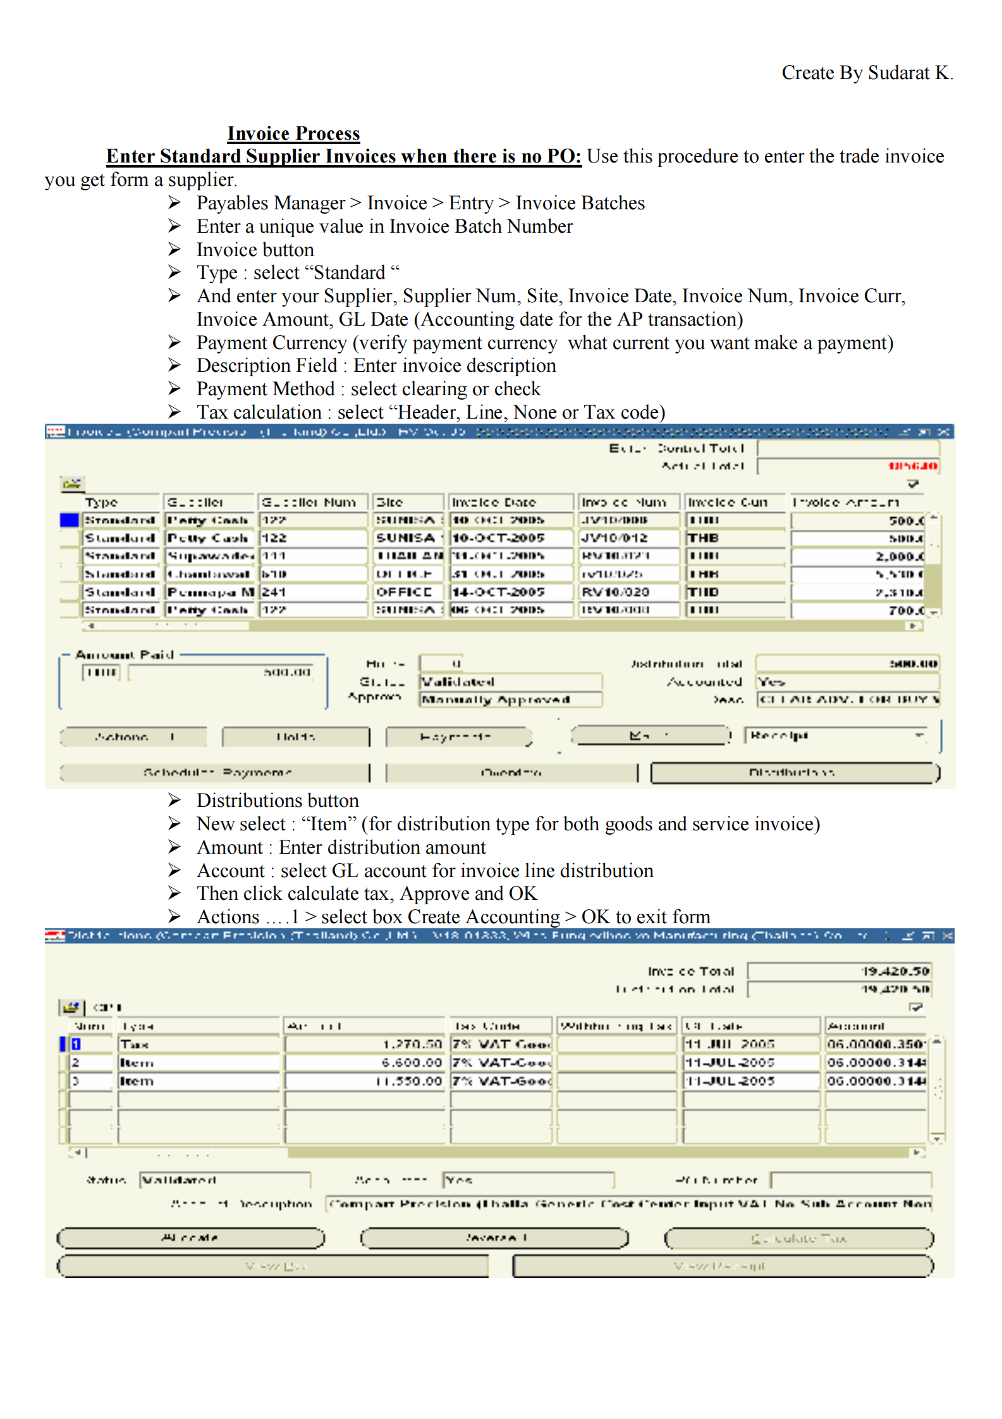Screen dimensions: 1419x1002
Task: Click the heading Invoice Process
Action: [x=293, y=133]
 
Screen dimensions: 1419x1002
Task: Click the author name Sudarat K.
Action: [x=910, y=73]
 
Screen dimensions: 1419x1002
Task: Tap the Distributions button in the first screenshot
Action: [x=794, y=772]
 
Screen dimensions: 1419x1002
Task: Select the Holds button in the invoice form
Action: [x=296, y=737]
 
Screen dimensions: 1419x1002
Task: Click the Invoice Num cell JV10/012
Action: [x=628, y=538]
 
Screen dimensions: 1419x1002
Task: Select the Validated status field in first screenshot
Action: [x=510, y=682]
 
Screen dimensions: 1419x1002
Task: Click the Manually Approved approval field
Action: [x=510, y=699]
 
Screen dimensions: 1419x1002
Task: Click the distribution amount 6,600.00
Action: [x=365, y=1062]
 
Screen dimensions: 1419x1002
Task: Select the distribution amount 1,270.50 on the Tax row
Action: [x=365, y=1044]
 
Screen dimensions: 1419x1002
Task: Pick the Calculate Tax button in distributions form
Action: [x=798, y=1238]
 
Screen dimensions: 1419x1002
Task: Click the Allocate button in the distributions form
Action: [x=190, y=1238]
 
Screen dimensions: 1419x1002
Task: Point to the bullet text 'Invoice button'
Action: [x=255, y=250]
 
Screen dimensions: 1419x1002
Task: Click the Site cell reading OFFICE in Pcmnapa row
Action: [x=407, y=592]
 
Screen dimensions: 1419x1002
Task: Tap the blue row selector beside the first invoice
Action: [x=69, y=520]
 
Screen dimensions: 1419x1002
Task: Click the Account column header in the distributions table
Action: [x=874, y=1026]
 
